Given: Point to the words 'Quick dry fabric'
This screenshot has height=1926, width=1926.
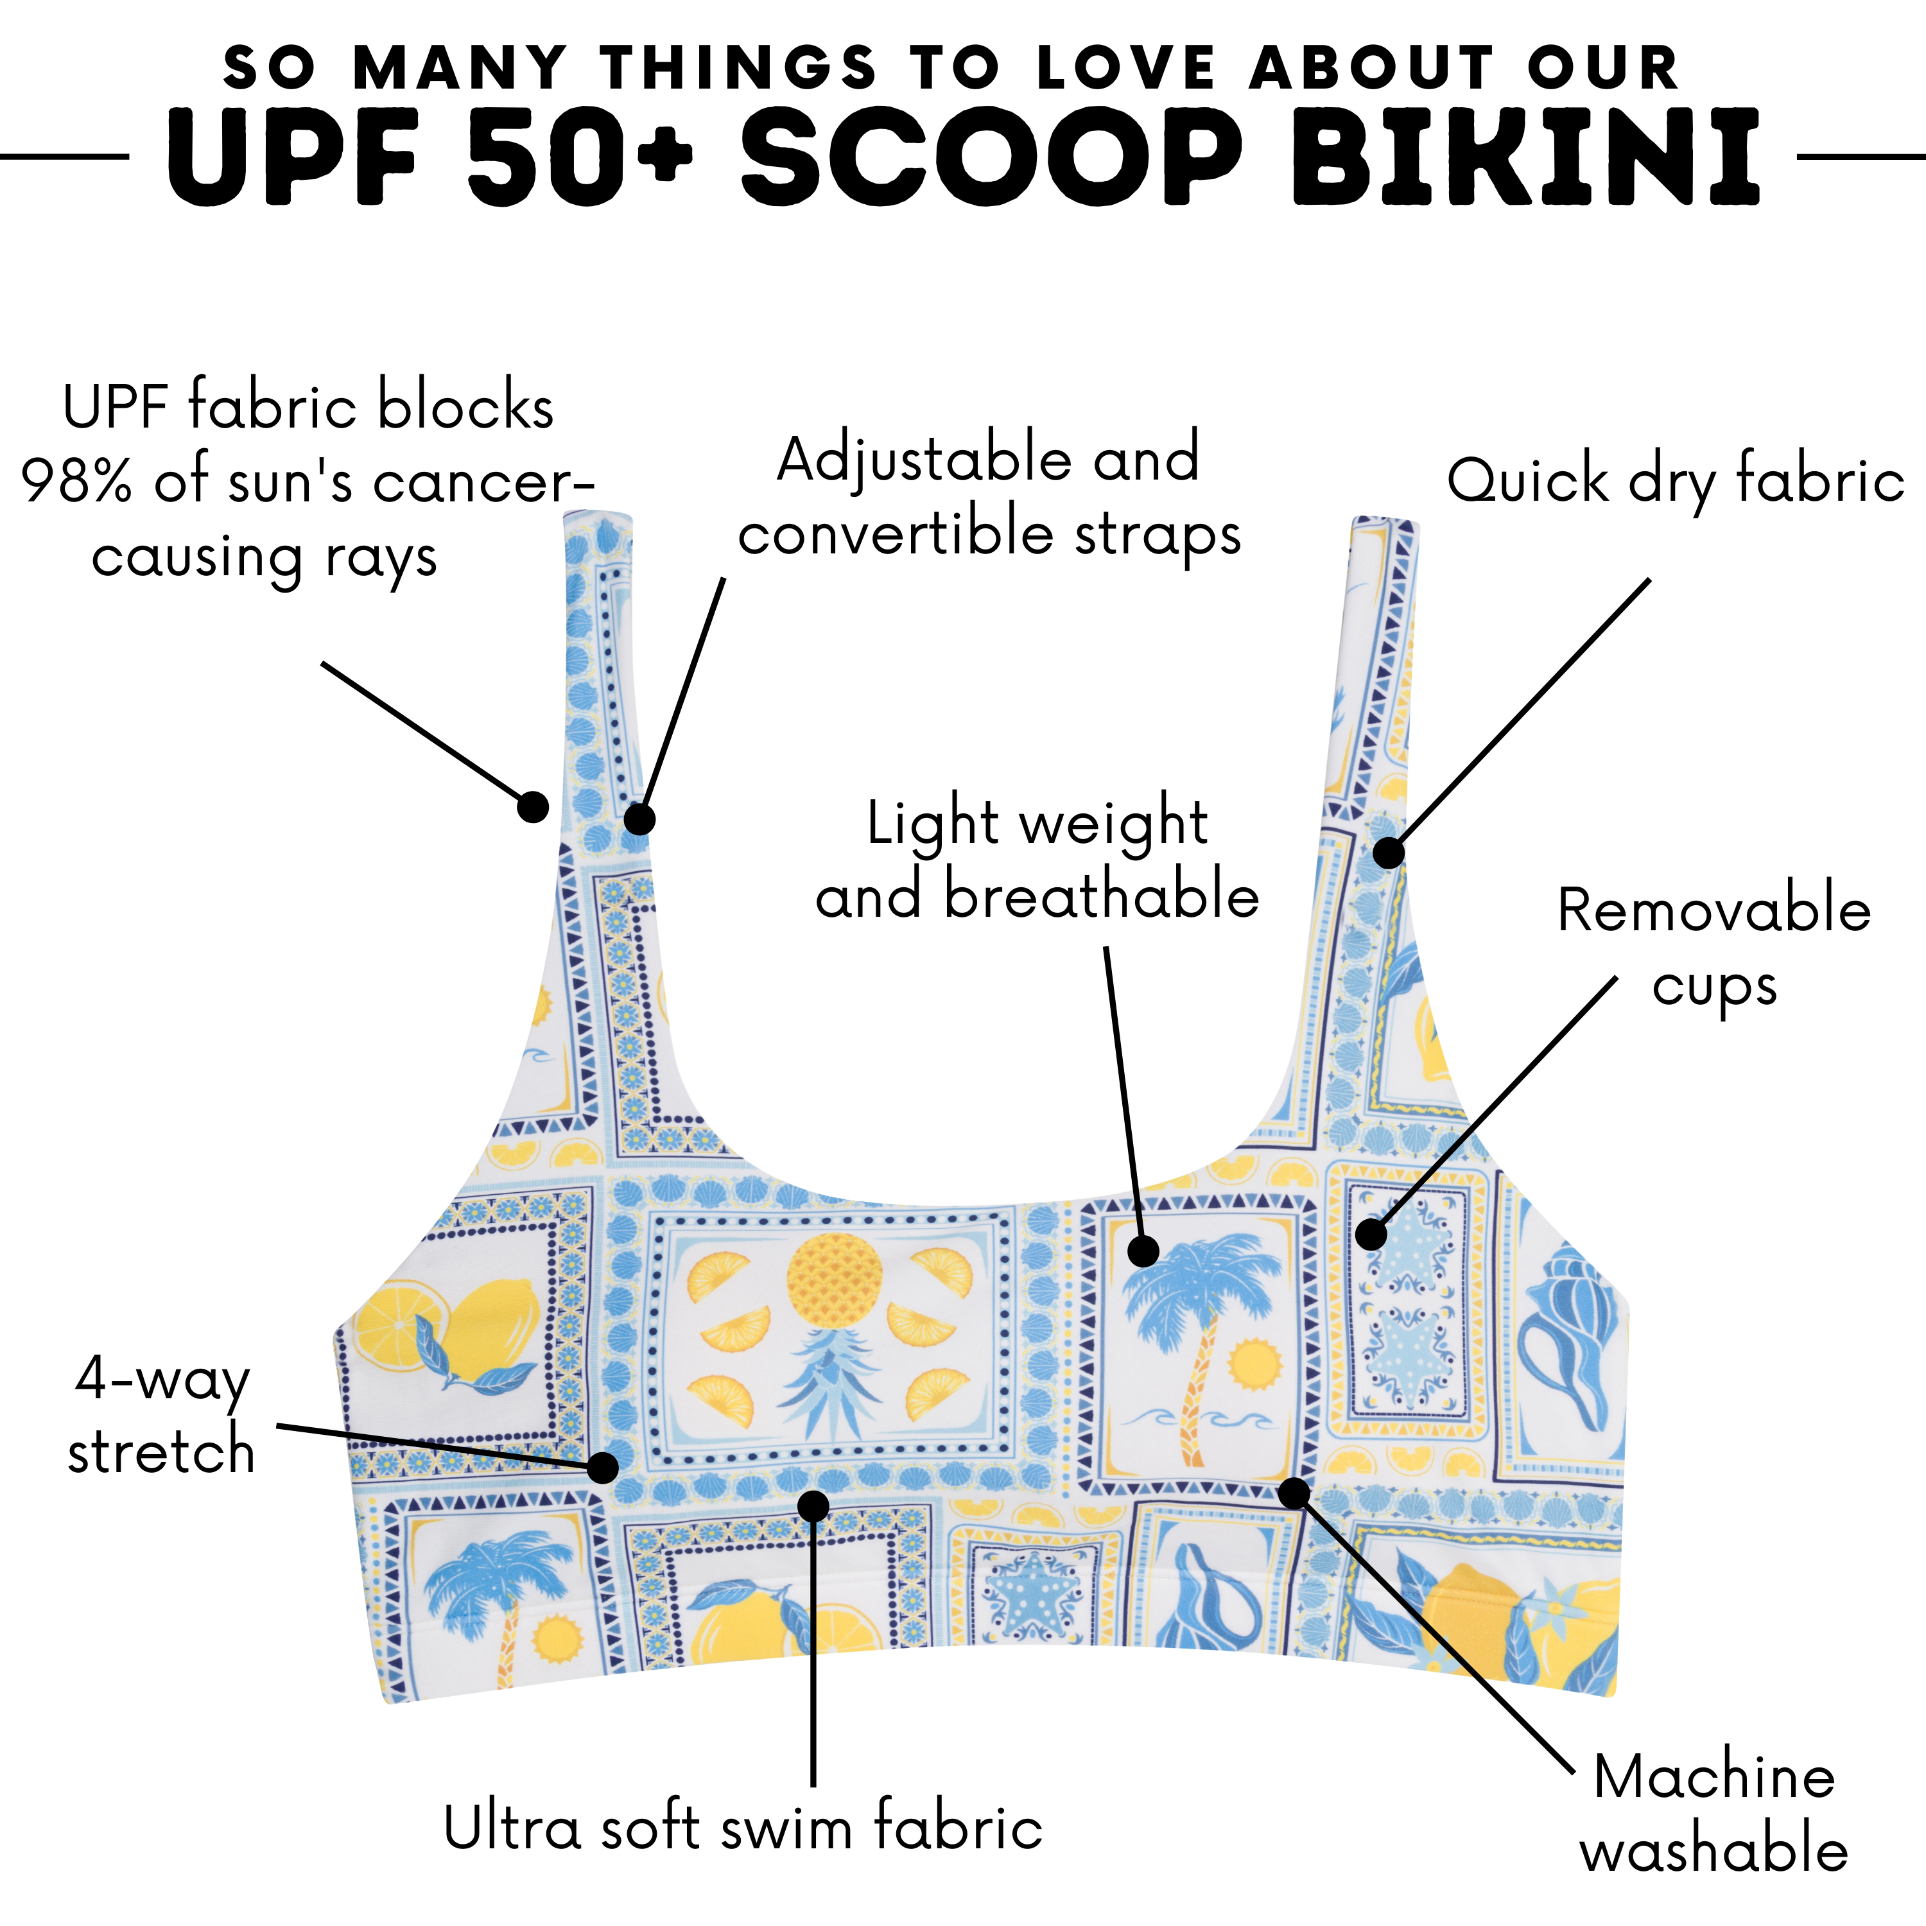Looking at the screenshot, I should [1675, 483].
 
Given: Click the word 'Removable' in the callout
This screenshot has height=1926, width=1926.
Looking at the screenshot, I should [1713, 911].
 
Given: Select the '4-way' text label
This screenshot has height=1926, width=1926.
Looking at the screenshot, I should [162, 1381].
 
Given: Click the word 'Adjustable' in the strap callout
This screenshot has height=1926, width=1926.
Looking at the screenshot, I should [922, 460].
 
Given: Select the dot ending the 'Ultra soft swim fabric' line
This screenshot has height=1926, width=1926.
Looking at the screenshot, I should [813, 1505].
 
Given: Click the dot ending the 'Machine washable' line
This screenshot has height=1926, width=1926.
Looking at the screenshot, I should [1293, 1493].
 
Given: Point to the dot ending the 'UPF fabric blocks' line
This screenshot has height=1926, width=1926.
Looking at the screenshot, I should [534, 806].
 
